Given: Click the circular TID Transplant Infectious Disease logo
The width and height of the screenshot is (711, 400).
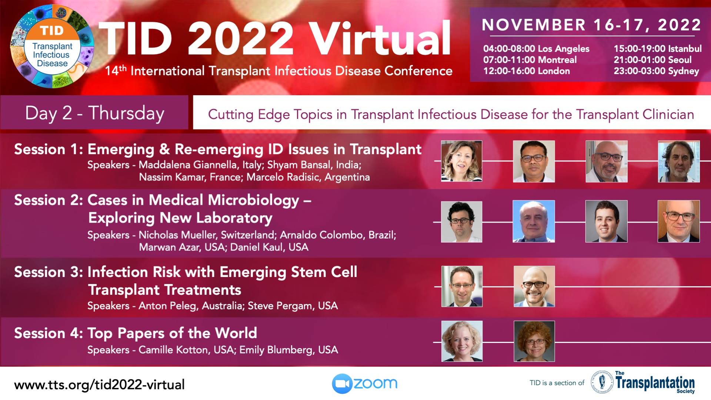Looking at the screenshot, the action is [x=52, y=46].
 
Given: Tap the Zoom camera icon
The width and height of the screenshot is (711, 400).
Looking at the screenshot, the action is [x=341, y=383].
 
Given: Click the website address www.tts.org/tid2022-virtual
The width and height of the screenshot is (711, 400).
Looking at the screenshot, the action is [x=99, y=385].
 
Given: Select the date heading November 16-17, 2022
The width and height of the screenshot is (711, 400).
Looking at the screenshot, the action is [x=591, y=25].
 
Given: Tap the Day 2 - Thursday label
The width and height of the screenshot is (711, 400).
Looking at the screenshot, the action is [x=94, y=113].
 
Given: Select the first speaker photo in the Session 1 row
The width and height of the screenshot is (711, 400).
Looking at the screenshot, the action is [x=461, y=161].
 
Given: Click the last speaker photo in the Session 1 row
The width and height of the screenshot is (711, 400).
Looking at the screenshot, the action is [x=679, y=161].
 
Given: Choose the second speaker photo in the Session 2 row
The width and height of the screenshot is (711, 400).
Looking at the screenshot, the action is [x=534, y=221].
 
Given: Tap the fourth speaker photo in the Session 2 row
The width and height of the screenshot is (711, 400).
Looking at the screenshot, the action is [x=679, y=221].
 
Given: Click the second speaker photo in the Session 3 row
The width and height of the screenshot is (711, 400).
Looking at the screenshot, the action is [x=534, y=286].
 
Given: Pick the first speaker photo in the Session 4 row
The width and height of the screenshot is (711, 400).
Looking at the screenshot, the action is [x=462, y=341].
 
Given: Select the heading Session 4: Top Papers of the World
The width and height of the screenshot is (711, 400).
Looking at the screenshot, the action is [x=136, y=333].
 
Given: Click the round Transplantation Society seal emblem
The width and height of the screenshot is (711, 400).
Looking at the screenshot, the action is [x=602, y=381].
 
